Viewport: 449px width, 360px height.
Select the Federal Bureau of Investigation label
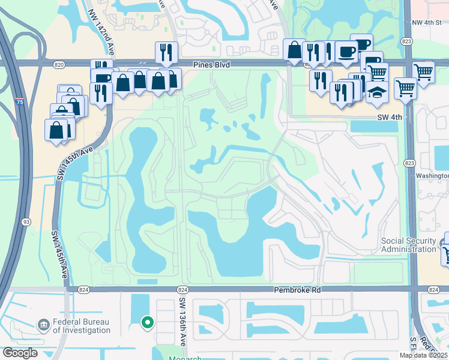pyautogui.click(x=81, y=326)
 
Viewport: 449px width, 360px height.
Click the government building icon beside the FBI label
pyautogui.click(x=44, y=325)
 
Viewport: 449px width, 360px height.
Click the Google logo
pyautogui.click(x=20, y=353)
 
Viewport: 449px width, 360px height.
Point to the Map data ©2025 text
pyautogui.click(x=423, y=355)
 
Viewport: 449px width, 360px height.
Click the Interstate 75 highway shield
pyautogui.click(x=20, y=101)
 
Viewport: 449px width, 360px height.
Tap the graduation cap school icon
pyautogui.click(x=376, y=93)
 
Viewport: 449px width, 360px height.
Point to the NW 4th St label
pyautogui.click(x=427, y=23)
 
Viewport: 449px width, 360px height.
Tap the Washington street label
pyautogui.click(x=432, y=176)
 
